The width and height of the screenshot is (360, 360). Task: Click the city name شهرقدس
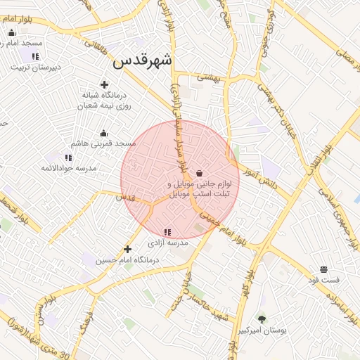[143, 61]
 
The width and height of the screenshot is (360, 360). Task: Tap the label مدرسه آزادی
[167, 243]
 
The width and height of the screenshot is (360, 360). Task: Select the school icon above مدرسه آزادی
[167, 232]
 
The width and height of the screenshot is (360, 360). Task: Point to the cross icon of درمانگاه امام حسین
[127, 249]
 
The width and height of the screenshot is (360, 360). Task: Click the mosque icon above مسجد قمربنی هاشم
[104, 133]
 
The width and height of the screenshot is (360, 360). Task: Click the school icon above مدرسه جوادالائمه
[67, 157]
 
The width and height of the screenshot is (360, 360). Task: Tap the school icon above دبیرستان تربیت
[35, 56]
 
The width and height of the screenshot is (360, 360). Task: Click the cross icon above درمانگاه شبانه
[104, 84]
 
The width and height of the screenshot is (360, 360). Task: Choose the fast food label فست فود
[323, 279]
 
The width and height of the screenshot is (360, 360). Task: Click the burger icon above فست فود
[323, 269]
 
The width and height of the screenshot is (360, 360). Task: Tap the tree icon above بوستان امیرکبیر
[262, 319]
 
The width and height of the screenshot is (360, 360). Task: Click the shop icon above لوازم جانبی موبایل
[200, 173]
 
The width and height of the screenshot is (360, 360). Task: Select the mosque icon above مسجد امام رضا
[11, 32]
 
